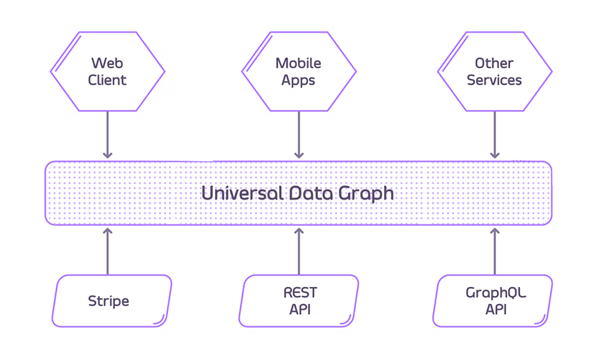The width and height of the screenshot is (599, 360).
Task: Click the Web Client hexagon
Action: point(107,71)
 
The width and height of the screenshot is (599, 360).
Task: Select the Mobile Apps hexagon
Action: point(298,71)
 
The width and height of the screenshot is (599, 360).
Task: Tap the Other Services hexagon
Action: point(494,71)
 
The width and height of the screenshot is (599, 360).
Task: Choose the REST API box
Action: point(299,301)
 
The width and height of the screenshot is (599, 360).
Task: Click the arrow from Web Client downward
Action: point(107,135)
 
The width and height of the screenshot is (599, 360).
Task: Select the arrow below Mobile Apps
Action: point(298,135)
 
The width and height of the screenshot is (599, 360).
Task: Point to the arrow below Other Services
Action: point(494,135)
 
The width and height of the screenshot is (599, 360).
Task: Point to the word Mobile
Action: point(298,63)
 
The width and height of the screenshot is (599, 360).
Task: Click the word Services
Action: point(494,80)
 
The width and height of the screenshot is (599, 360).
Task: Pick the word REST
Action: point(299,293)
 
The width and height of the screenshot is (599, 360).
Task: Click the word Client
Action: point(107,80)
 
